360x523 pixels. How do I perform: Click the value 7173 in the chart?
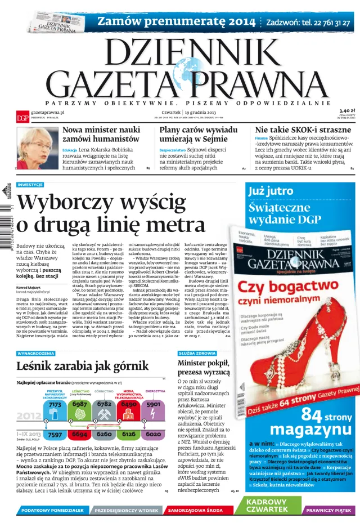tap(55, 404)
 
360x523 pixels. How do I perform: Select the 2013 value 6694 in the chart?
tap(80, 435)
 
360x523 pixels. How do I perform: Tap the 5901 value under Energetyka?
tap(153, 404)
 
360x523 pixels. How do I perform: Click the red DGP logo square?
tap(22, 118)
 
